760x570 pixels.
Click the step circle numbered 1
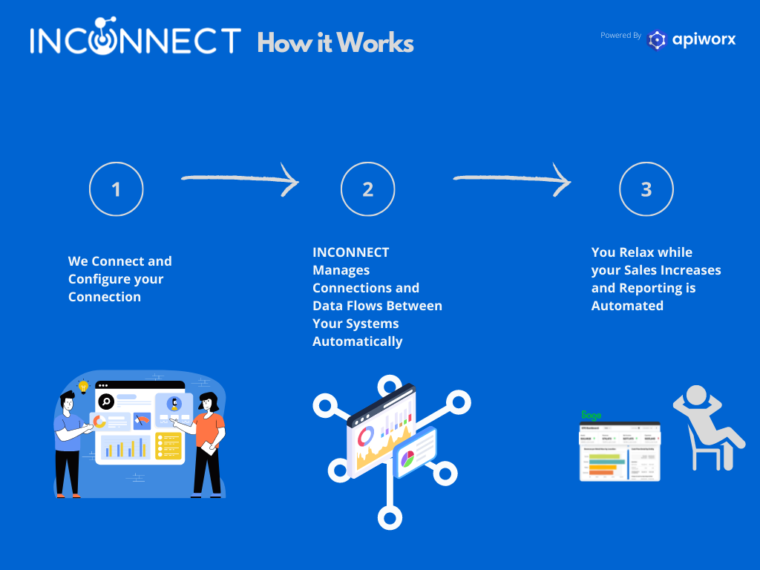116,189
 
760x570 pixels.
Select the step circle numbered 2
367,189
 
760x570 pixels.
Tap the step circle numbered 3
646,189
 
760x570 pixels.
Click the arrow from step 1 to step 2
239,179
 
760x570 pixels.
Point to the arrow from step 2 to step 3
511,179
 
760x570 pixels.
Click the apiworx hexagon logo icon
657,40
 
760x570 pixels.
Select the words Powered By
620,36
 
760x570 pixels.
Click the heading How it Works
335,43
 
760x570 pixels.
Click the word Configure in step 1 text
99,279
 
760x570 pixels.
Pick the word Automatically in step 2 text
357,341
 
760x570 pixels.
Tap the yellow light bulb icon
83,386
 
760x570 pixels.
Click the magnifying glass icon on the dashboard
106,402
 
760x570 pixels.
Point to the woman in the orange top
207,442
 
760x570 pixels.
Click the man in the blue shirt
68,442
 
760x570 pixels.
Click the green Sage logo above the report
591,415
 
